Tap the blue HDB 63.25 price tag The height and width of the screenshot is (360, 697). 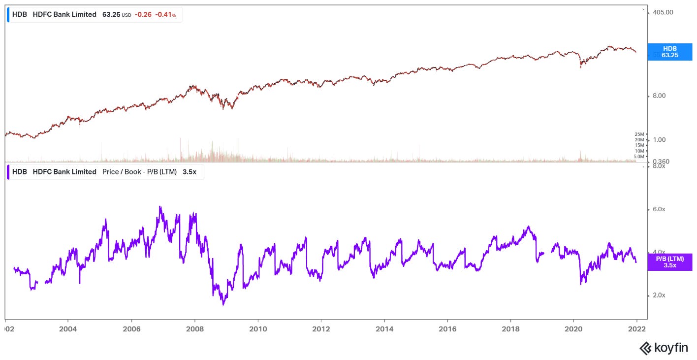click(669, 52)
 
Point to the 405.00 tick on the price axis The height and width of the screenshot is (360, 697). click(662, 12)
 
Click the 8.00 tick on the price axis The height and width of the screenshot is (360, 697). click(660, 96)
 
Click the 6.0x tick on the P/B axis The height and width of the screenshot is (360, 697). click(659, 209)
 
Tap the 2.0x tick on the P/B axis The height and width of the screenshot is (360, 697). click(659, 295)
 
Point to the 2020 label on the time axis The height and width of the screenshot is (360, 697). click(574, 328)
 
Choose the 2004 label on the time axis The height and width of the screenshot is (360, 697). click(68, 328)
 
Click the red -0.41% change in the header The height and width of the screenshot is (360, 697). click(165, 15)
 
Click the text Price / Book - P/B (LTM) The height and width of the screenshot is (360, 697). click(139, 172)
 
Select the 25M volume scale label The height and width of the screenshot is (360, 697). click(639, 134)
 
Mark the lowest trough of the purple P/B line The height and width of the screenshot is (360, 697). click(223, 305)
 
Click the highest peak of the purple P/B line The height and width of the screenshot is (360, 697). click(160, 207)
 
